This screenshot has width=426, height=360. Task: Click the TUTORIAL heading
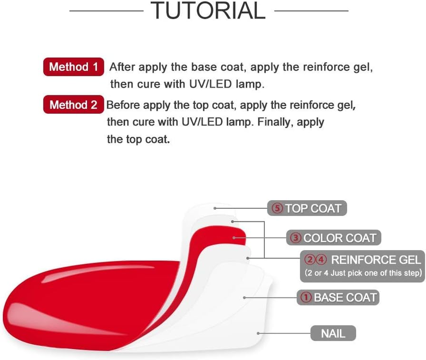click(208, 11)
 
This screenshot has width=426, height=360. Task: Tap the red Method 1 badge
click(73, 67)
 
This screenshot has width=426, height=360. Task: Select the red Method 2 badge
click(73, 105)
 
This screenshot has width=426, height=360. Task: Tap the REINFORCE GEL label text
click(376, 260)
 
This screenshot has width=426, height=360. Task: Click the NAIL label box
click(333, 333)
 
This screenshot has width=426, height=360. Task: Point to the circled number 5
click(277, 208)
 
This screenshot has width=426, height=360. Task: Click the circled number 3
click(295, 238)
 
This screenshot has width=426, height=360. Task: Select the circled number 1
click(306, 297)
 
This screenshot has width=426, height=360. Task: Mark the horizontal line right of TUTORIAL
click(311, 10)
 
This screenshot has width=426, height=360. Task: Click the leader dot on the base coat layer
click(244, 297)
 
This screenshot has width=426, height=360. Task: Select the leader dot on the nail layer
click(258, 333)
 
